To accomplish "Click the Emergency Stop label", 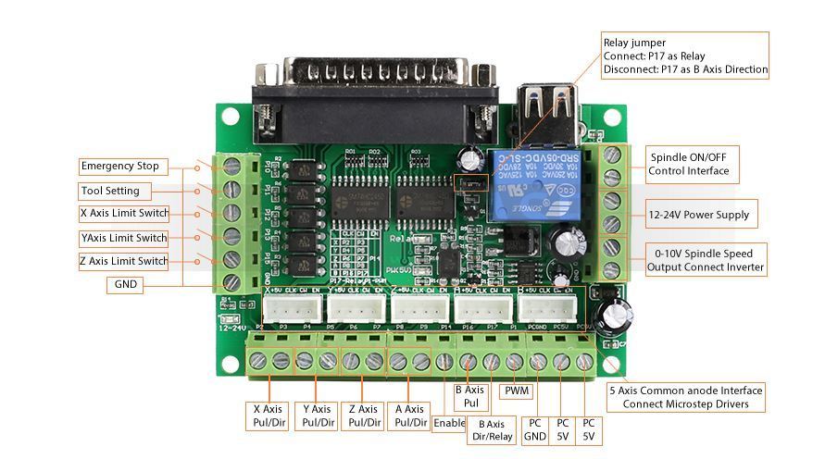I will pos(120,167).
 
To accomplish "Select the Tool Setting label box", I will pos(110,191).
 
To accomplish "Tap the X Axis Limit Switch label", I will pos(124,214).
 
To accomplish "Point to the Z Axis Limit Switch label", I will pos(124,261).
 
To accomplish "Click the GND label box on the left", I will pos(124,285).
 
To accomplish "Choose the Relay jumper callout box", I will pos(684,56).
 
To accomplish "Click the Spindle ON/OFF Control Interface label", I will pos(689,164).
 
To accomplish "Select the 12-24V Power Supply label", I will pos(698,215).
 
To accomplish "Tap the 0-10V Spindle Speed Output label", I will pos(704,260).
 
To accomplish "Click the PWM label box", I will pos(517,391).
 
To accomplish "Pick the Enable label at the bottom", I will pos(449,423).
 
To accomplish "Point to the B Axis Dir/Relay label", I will pos(492,429).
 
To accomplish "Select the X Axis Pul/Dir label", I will pos(268,416).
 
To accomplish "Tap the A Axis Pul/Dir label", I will pos(408,416).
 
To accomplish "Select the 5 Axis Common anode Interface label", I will pos(685,397).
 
